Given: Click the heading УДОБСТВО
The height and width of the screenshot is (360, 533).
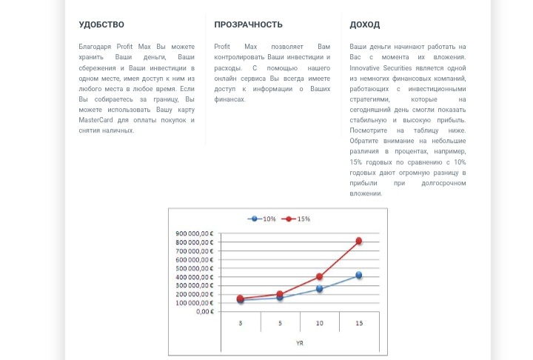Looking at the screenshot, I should point(101,25).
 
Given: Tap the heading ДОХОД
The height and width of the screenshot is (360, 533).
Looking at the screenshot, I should point(365,25).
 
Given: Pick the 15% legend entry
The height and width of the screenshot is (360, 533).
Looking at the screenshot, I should point(298,219).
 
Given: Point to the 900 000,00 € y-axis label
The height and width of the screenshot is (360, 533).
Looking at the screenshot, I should point(195,234).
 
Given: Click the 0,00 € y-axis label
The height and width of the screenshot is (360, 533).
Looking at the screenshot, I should point(203,311).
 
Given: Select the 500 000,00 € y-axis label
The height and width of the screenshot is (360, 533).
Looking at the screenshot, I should point(195,268).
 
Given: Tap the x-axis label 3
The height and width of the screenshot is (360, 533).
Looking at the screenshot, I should point(240,324).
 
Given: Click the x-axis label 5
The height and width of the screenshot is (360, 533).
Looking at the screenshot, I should point(280,324).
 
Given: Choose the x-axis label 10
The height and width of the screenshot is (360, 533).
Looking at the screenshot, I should point(319,324).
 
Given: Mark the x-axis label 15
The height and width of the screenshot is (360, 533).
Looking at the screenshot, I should point(359,324).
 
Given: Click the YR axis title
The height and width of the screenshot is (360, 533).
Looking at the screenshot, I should point(299,343).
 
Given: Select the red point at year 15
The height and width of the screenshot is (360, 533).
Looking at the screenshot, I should point(359,241).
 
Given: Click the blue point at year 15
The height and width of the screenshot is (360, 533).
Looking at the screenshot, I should point(359,275).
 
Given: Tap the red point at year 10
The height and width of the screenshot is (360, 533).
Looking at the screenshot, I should point(319,276).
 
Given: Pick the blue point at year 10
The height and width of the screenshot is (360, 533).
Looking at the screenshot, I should point(319,289).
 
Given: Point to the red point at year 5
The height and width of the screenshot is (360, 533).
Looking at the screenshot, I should point(280,294).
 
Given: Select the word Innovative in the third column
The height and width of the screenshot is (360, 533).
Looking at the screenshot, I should point(366,67).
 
